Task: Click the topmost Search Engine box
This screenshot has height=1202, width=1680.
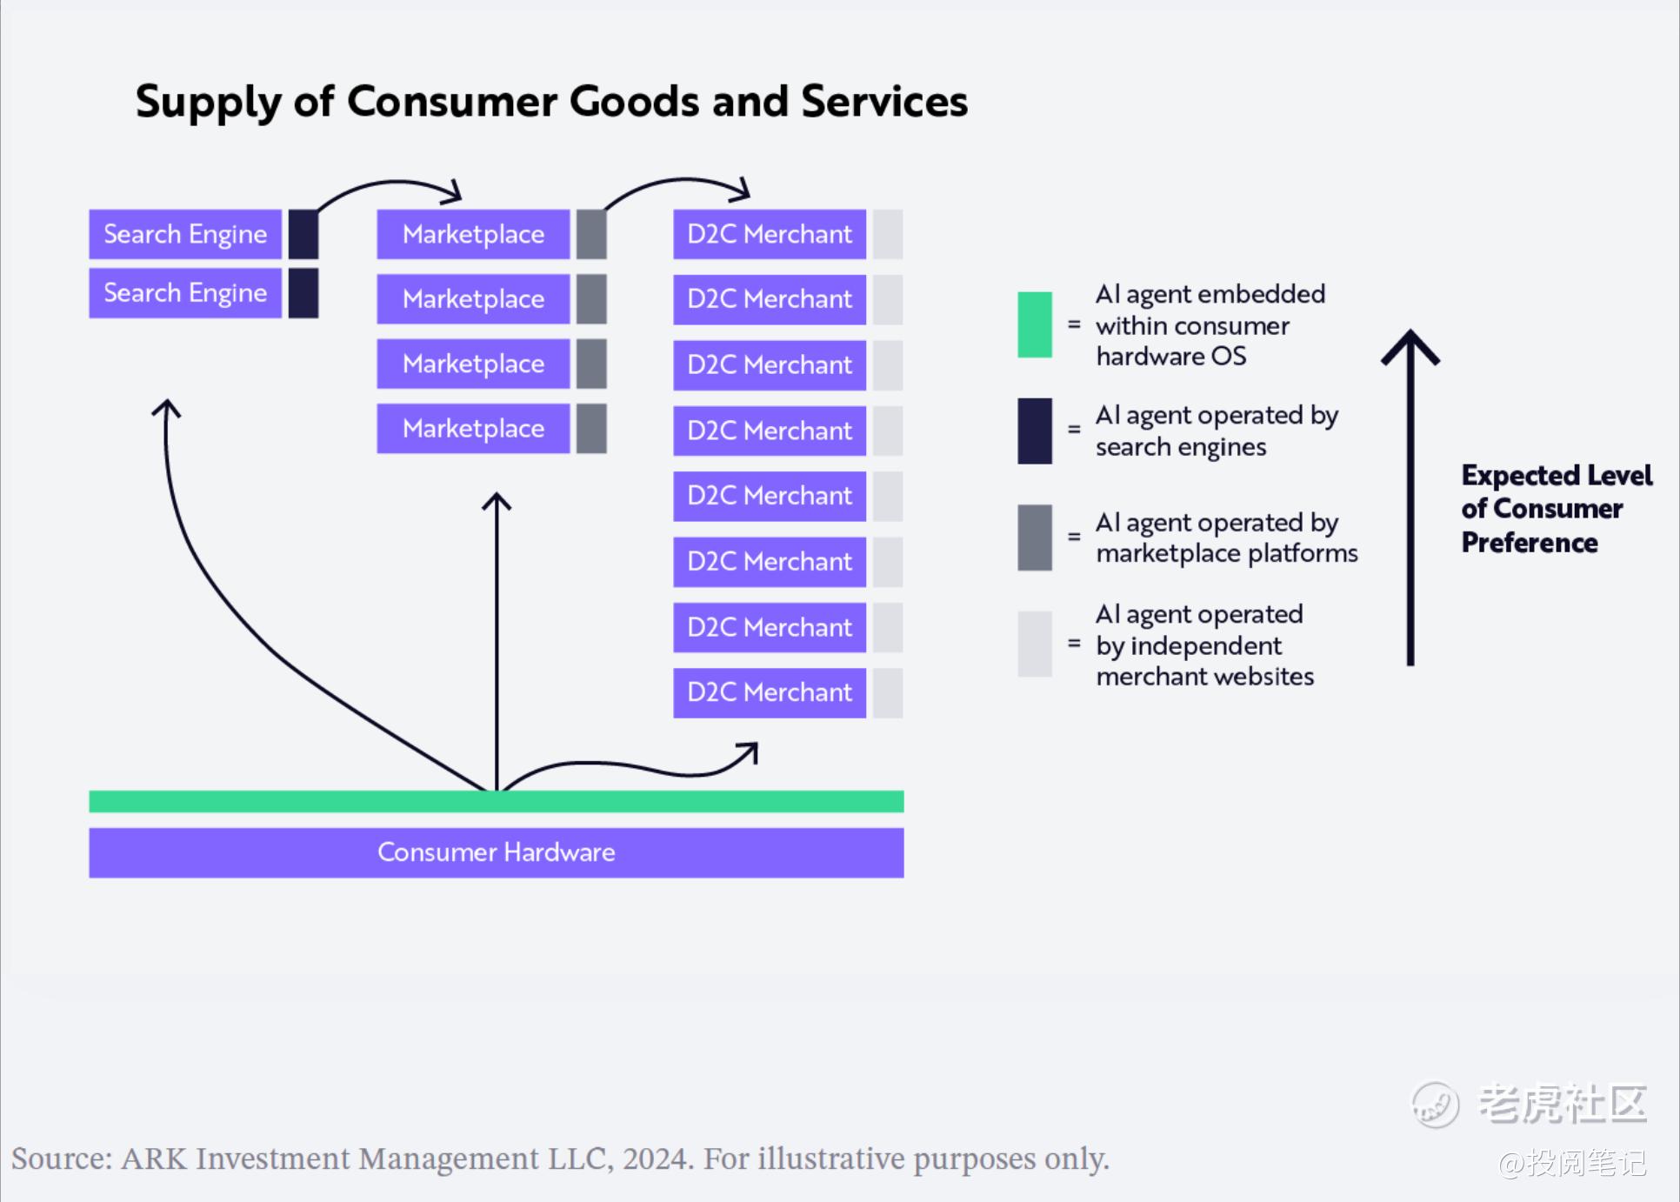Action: click(185, 234)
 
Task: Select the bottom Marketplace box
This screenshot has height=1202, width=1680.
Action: click(473, 428)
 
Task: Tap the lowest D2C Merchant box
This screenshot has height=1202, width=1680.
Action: click(770, 692)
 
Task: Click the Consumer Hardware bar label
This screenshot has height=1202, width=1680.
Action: click(497, 852)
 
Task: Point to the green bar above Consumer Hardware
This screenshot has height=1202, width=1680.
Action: click(497, 801)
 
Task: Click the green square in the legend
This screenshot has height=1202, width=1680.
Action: click(1035, 324)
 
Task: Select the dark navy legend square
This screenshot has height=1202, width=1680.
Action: click(1035, 431)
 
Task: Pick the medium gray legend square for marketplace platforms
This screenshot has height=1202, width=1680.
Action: click(1035, 538)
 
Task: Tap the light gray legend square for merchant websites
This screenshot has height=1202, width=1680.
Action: click(1035, 644)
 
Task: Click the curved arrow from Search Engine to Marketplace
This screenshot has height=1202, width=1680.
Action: click(391, 183)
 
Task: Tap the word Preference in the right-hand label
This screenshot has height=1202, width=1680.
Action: click(1530, 543)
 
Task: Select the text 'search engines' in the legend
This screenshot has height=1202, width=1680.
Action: click(1181, 447)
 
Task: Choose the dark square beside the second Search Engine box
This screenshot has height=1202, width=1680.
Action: click(303, 293)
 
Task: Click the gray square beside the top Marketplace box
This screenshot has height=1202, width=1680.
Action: click(591, 234)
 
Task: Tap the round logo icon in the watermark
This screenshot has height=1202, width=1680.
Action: click(1435, 1105)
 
